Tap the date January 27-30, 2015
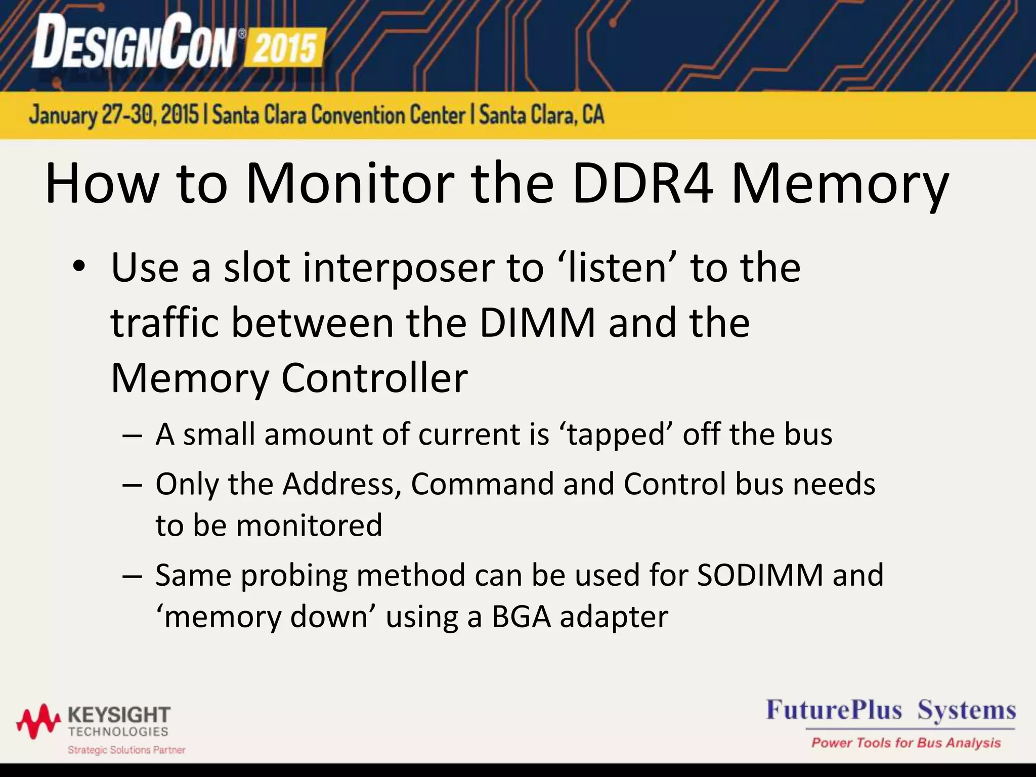pos(114,115)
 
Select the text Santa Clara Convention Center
pos(338,115)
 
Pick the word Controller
pos(374,378)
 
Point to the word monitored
pos(309,525)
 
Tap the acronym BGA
pos(521,617)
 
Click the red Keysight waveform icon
pos(38,720)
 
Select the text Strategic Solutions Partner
pos(126,750)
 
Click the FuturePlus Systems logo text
pos(890,710)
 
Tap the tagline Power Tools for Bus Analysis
pos(905,743)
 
